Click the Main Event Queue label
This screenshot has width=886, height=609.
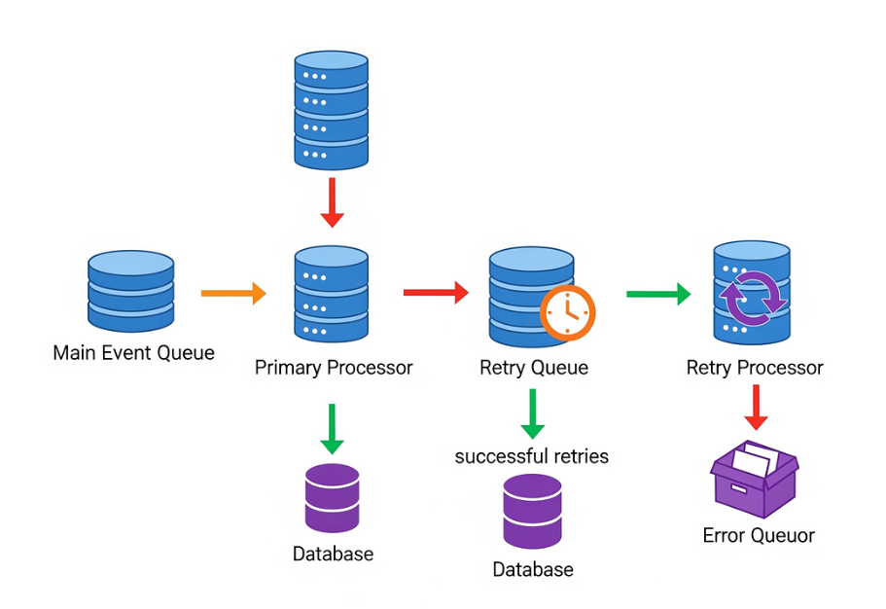pos(133,352)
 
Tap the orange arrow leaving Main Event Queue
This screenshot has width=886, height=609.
pos(232,292)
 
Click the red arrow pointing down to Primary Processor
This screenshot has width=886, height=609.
pos(333,201)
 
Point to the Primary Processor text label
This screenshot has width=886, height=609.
pos(334,368)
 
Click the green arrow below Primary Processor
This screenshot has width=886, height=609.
pos(333,428)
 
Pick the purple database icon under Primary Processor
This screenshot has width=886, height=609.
pos(333,497)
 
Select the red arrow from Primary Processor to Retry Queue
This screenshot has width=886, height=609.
pos(436,291)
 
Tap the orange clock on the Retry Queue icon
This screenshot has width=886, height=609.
pos(568,312)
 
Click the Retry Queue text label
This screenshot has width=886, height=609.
pos(534,368)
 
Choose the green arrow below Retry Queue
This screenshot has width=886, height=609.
pos(532,413)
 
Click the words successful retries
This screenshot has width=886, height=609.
pos(532,456)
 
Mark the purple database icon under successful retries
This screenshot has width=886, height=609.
pos(532,512)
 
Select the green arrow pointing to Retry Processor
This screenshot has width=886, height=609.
pos(657,293)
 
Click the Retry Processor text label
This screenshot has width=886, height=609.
pos(755,368)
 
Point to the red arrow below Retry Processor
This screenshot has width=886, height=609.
pos(756,407)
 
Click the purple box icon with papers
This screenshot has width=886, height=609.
pos(754,479)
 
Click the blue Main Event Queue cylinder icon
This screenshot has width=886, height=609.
pos(131,291)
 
